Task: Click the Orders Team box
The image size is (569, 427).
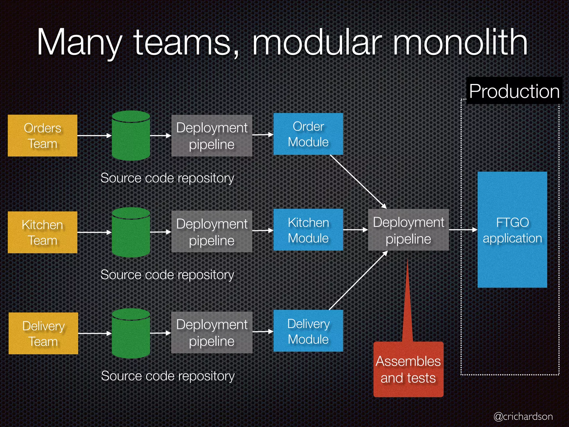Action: [x=43, y=136]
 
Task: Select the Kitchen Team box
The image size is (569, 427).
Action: [x=43, y=232]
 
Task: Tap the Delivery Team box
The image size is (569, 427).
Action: [x=43, y=333]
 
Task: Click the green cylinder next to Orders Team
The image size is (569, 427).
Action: [x=131, y=136]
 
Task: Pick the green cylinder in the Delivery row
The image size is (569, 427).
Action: [x=131, y=333]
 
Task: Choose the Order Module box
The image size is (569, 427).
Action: [x=308, y=134]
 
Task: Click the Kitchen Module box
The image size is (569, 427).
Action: [x=308, y=230]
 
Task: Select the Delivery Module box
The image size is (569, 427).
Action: [x=308, y=331]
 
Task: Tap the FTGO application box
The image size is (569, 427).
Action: [x=512, y=230]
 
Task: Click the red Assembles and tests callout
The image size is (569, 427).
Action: [x=408, y=369]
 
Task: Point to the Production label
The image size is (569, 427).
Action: [x=514, y=91]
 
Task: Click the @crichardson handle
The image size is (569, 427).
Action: [x=523, y=416]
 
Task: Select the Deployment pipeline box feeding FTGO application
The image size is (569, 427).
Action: [x=408, y=230]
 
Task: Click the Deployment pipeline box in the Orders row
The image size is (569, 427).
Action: [x=212, y=136]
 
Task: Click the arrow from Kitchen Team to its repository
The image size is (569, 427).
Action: [x=94, y=232]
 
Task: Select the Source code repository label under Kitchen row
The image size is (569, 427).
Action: [x=167, y=275]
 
